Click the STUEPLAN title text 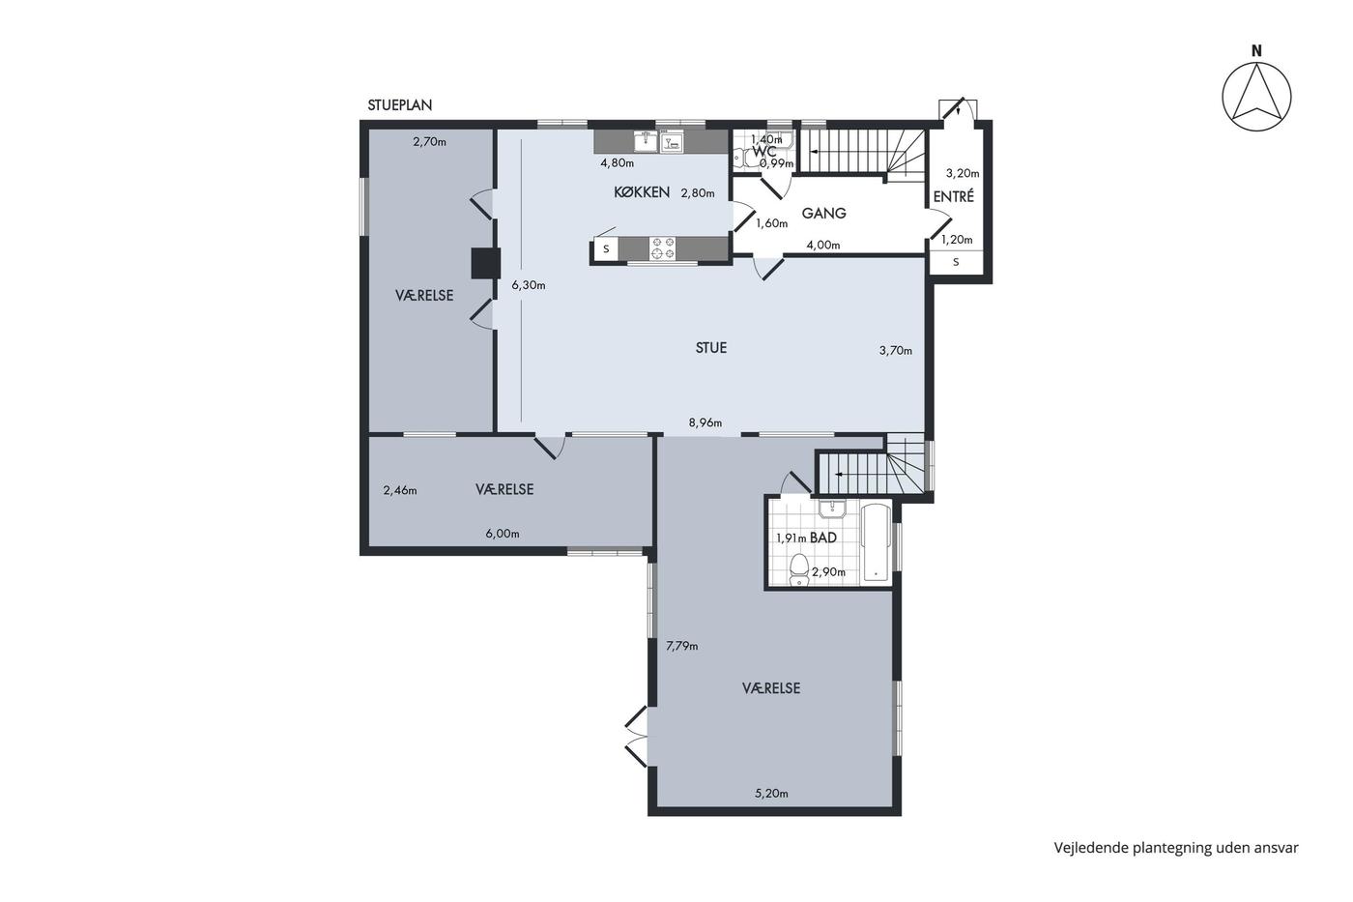point(400,105)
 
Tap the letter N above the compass point(1256,51)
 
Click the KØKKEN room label point(642,192)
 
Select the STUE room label point(711,348)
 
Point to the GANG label point(823,214)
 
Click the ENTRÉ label point(954,196)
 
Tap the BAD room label point(823,538)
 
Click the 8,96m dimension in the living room point(705,422)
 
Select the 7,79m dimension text point(682,646)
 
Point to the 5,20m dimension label point(771,794)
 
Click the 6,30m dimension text point(529,285)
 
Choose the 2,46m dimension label point(400,490)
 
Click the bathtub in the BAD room point(876,542)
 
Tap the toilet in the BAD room point(799,569)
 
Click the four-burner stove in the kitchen point(662,248)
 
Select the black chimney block point(485,263)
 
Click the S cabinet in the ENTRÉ point(956,262)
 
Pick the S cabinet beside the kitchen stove point(607,248)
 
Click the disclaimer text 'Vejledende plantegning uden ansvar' point(1176,848)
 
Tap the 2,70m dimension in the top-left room point(429,142)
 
